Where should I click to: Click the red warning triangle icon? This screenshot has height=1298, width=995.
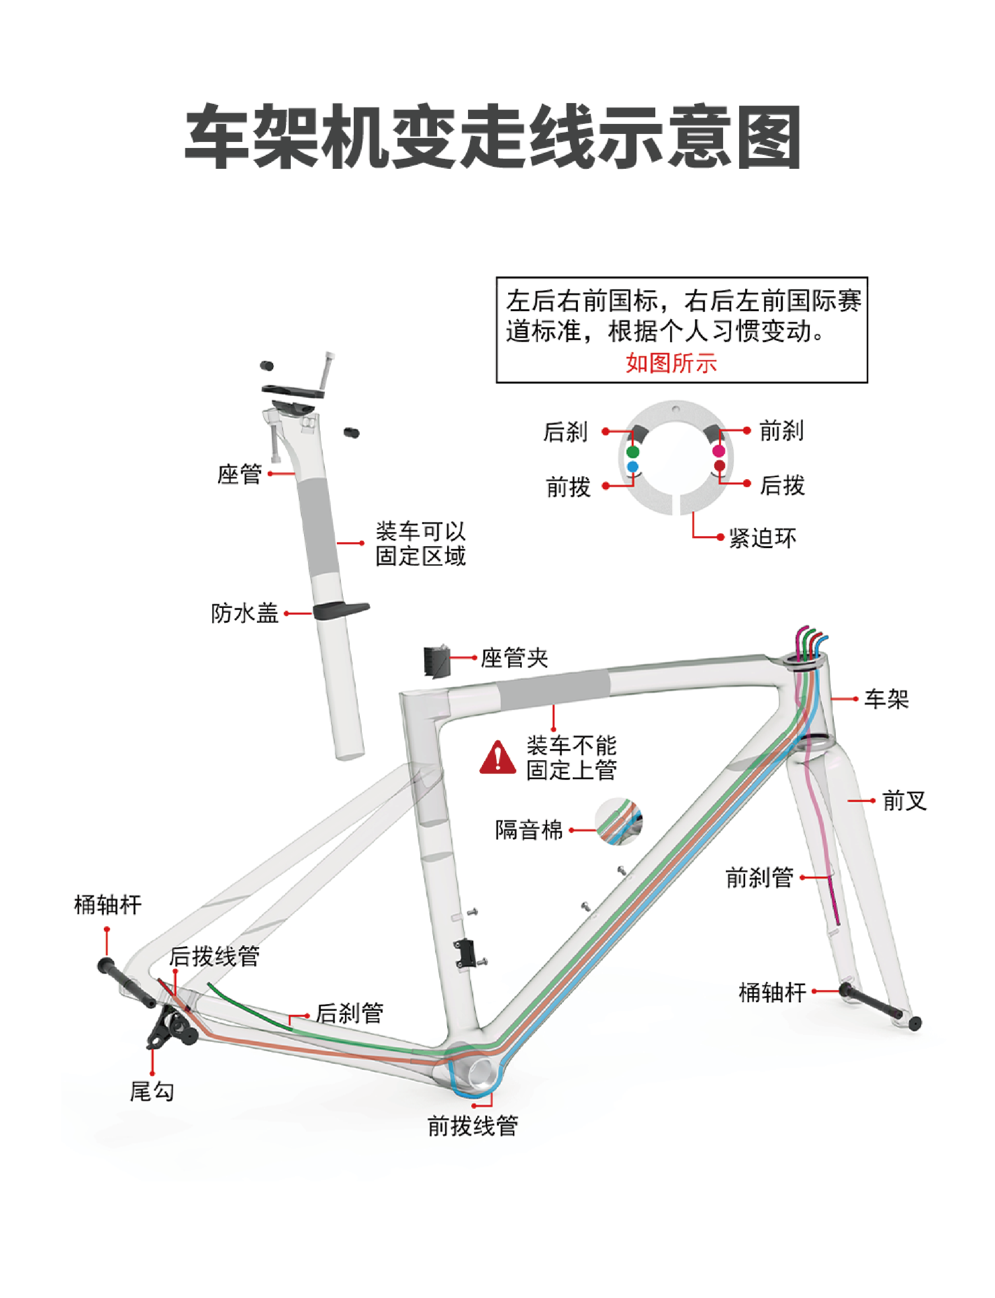[x=497, y=757]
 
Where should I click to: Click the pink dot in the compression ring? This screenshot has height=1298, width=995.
[x=719, y=451]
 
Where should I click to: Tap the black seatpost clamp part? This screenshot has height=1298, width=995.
[x=437, y=660]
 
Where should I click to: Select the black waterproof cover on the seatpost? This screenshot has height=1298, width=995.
[x=340, y=610]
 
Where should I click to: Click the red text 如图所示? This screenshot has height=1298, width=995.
[x=672, y=363]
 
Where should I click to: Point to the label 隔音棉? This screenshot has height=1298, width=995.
[x=529, y=830]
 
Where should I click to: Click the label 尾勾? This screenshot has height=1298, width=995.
[x=152, y=1091]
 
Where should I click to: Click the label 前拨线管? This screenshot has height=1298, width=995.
[x=472, y=1126]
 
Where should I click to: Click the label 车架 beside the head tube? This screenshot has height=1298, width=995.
[x=886, y=699]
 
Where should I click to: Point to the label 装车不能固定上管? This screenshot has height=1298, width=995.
[x=571, y=758]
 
